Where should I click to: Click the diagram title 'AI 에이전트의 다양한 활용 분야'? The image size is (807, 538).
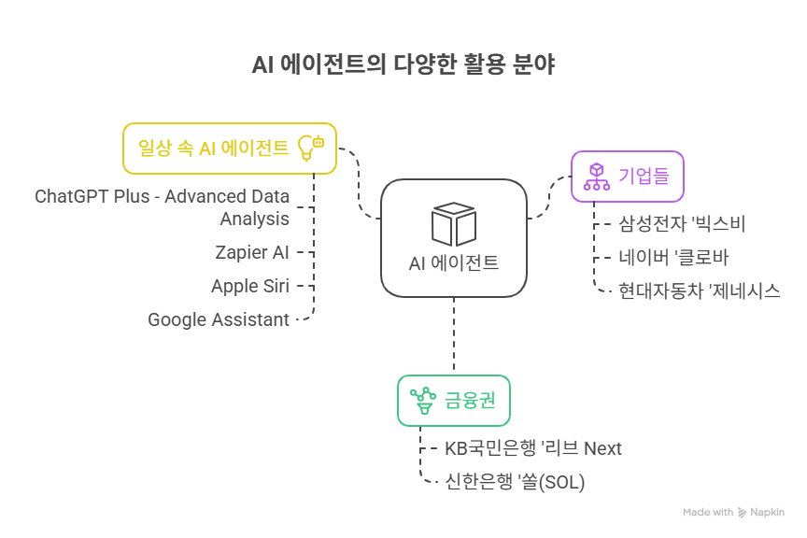[403, 66]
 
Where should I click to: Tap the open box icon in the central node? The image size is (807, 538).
[454, 224]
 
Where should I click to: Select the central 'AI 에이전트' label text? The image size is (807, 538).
[454, 262]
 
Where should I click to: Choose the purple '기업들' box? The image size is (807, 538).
[627, 176]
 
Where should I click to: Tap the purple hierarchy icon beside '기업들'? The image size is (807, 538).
[596, 176]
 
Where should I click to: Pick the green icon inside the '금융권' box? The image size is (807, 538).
[423, 401]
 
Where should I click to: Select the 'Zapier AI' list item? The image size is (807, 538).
[252, 251]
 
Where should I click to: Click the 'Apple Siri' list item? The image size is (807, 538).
[250, 286]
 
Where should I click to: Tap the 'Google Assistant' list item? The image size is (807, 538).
[219, 319]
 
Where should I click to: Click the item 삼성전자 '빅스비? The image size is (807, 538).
[682, 223]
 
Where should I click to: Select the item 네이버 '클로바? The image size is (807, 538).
[672, 256]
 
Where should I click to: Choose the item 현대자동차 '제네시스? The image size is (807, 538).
[700, 290]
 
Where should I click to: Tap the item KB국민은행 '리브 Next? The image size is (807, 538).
[532, 448]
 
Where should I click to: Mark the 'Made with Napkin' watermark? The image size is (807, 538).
[733, 512]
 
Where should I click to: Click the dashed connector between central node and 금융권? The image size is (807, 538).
[454, 336]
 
